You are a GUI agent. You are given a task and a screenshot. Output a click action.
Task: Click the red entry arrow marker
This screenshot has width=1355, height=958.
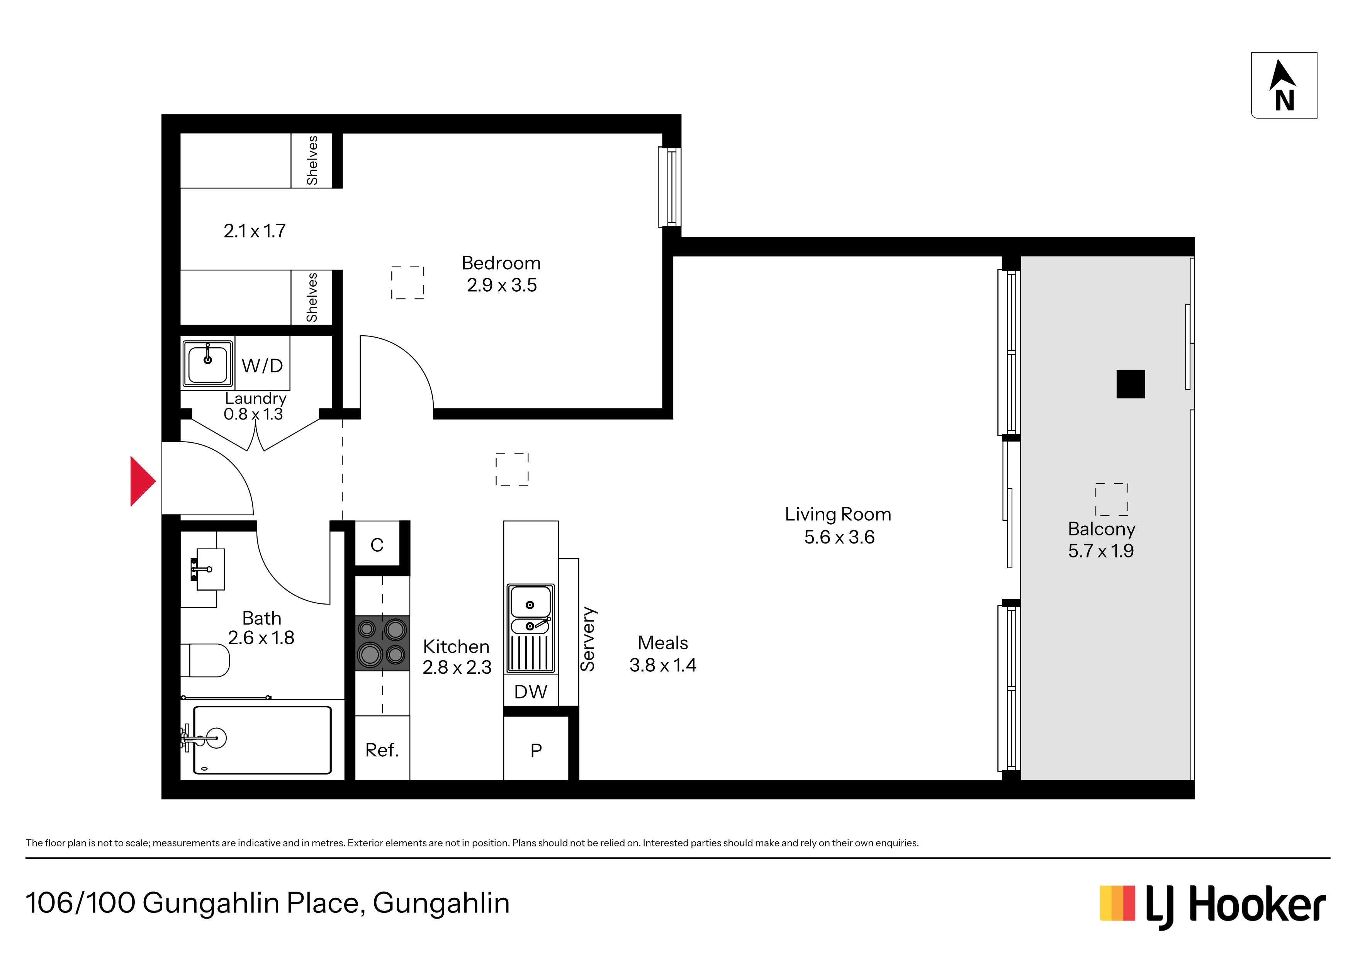142,481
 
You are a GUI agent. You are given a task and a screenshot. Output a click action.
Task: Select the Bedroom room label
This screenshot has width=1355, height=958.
501,263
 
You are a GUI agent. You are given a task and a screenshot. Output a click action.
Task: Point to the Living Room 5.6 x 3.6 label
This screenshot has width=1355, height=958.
838,525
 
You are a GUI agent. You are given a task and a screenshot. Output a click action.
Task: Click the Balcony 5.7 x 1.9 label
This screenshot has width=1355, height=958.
1101,540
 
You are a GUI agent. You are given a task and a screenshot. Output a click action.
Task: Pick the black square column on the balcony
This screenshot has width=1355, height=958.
1130,384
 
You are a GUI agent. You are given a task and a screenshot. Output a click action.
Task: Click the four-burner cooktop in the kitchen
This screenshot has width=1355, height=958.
382,643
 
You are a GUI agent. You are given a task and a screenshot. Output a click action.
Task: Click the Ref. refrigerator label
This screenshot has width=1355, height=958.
382,750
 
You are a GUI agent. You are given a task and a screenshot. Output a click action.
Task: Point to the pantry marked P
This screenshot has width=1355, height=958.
536,749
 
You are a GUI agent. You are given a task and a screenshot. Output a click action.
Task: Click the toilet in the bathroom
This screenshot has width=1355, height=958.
205,660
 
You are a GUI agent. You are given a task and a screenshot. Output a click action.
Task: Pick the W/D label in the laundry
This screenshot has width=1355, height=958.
262,366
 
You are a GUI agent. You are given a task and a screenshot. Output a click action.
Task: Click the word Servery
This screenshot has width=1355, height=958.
588,639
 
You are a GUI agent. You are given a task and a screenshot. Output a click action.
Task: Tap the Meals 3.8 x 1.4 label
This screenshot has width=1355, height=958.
663,654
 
